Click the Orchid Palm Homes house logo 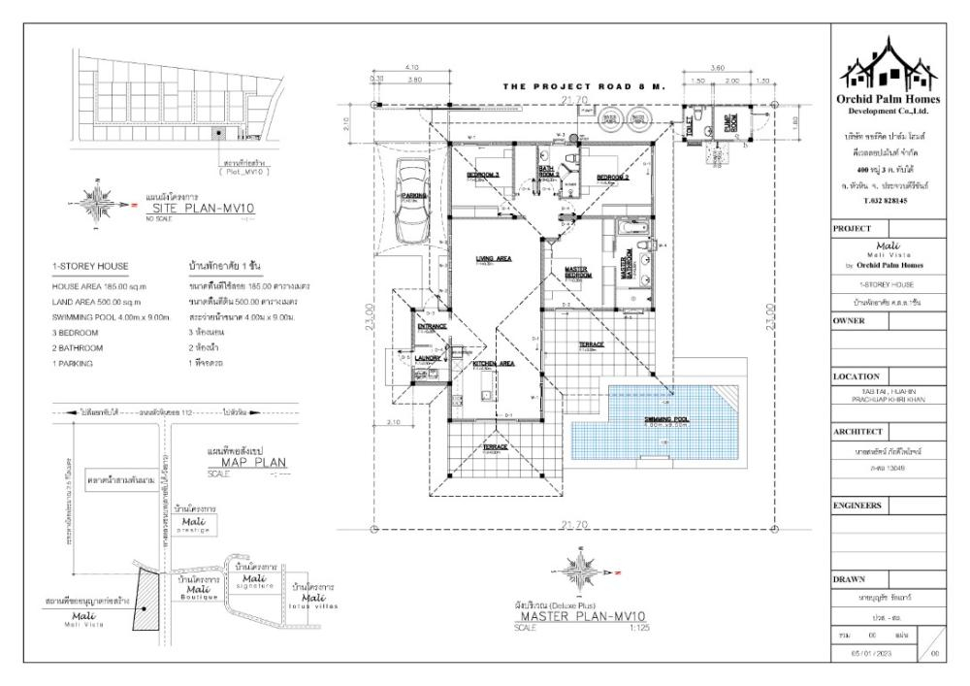click(896, 66)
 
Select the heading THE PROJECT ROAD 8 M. click(586, 87)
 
